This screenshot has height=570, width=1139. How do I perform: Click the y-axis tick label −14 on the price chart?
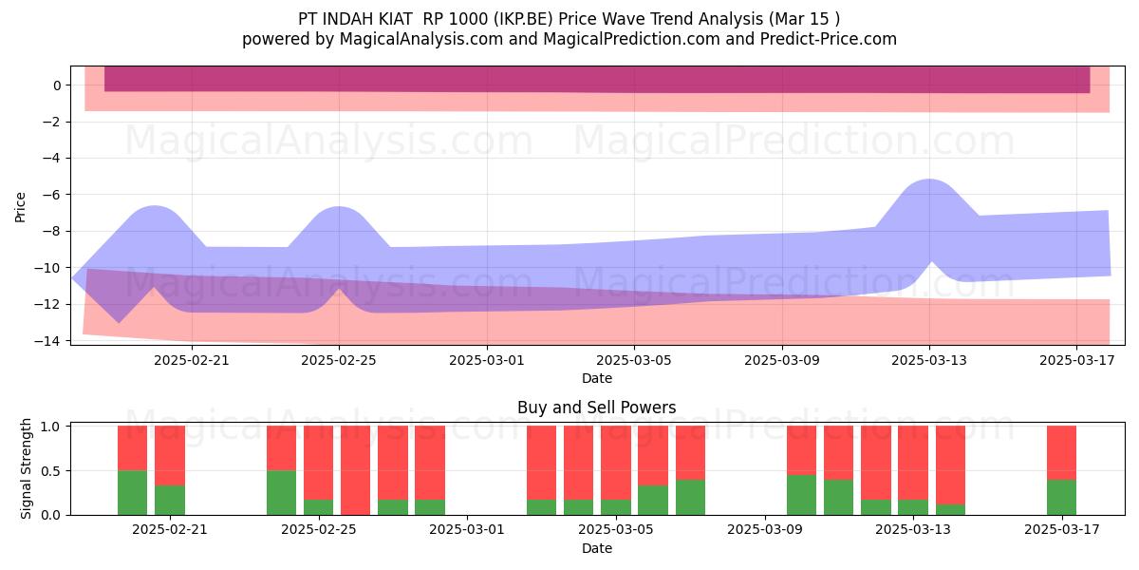(47, 341)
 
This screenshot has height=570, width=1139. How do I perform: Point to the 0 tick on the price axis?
(57, 85)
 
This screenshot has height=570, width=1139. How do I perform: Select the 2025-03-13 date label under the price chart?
(929, 360)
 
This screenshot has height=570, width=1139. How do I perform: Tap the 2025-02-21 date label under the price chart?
(192, 360)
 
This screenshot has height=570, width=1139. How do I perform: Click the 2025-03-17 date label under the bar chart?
(1062, 530)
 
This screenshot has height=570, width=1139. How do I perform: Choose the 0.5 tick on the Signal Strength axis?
(49, 471)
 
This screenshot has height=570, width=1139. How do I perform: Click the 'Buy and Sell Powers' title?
(596, 408)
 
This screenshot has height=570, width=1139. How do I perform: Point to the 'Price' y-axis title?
(20, 207)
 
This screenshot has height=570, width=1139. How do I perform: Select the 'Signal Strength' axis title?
(26, 468)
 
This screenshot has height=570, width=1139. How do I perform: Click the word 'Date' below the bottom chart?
(597, 548)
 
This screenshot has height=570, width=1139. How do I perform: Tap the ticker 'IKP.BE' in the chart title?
(522, 19)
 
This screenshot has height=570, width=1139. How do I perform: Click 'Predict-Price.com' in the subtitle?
(829, 39)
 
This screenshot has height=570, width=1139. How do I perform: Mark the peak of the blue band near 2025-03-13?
(929, 180)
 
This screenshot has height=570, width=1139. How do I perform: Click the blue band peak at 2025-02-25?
(339, 207)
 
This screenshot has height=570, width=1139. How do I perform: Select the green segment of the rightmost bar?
(1062, 497)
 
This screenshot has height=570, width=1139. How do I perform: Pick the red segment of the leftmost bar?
(132, 447)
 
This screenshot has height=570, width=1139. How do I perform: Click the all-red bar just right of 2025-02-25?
(355, 470)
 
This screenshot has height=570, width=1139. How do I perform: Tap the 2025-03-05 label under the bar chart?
(616, 530)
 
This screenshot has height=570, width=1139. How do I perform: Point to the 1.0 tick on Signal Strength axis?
(49, 427)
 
